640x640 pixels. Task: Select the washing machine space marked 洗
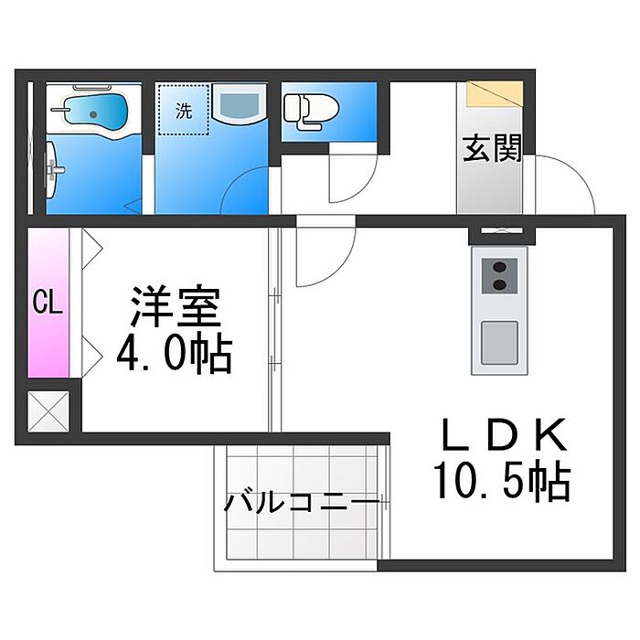click(184, 110)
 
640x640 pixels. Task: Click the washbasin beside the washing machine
click(240, 103)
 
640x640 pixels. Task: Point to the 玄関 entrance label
click(493, 148)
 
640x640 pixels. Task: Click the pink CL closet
click(48, 303)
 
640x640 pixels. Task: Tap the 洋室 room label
click(176, 305)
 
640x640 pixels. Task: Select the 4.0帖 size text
click(175, 354)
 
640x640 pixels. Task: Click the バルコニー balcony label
click(302, 502)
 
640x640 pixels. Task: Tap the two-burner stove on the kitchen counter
click(499, 275)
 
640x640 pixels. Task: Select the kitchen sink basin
click(499, 343)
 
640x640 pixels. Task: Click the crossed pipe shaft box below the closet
click(48, 411)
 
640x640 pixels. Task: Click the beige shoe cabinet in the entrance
click(495, 94)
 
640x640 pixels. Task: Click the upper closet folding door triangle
click(91, 248)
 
